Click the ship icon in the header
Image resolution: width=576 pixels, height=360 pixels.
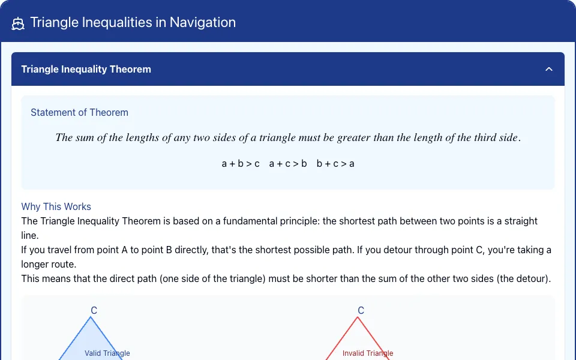coord(17,23)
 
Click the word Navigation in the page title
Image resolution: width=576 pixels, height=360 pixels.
coord(202,22)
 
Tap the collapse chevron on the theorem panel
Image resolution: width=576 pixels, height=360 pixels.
coord(549,69)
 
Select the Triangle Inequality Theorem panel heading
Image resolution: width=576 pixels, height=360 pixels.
coord(86,69)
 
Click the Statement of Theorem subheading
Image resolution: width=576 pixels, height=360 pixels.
coord(79,112)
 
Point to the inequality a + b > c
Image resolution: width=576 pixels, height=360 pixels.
coord(241,163)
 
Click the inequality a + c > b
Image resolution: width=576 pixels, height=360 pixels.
coord(288,163)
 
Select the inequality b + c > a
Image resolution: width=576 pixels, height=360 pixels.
coord(335,163)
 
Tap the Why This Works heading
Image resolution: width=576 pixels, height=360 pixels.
coord(56,206)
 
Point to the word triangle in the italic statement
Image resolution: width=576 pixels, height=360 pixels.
coord(277,137)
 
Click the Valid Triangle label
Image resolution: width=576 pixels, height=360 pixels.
coord(107,353)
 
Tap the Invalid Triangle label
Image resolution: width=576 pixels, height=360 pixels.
coord(368,353)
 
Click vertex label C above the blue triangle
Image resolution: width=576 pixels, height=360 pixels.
coord(94,310)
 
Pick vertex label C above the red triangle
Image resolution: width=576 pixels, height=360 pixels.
coord(361,310)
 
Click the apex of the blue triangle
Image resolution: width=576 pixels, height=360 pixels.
coord(91,317)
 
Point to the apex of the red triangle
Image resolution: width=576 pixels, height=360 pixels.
coord(358,317)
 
